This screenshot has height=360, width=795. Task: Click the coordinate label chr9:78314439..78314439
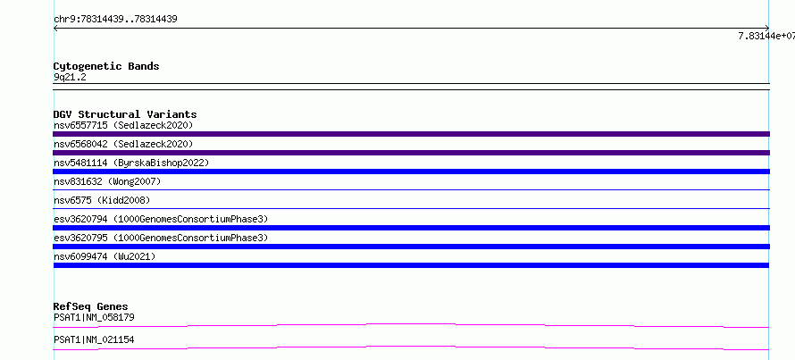(115, 20)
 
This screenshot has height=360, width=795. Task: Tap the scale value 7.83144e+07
(766, 36)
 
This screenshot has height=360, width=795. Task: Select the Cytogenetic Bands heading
(106, 66)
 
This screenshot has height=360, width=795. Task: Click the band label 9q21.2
(70, 78)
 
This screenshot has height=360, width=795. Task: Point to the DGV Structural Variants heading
(125, 114)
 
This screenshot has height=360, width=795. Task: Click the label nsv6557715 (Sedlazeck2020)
(123, 125)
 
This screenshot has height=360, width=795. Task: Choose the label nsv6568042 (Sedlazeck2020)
(123, 144)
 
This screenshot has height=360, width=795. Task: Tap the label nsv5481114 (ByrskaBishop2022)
(131, 163)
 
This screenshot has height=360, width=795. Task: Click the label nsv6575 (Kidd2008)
(102, 200)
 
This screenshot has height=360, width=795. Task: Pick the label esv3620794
(80, 219)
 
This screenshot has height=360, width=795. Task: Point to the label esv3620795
(80, 238)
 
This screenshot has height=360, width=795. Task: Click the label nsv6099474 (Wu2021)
(105, 256)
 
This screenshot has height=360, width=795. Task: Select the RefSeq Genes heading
(91, 306)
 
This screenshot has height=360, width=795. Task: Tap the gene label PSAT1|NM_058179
(94, 318)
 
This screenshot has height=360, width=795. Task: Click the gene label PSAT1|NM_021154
(94, 339)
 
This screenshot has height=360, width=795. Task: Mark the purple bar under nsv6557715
(411, 134)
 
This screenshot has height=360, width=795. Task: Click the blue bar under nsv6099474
(411, 265)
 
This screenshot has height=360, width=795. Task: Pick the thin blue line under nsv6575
(411, 208)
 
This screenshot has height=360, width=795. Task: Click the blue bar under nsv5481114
(411, 172)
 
